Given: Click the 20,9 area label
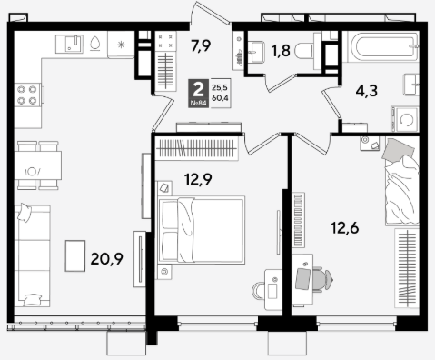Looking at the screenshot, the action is [106, 259].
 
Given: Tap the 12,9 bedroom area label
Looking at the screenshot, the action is [198, 179].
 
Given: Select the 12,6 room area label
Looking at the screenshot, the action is [345, 228].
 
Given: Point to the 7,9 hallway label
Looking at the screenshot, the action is [201, 46].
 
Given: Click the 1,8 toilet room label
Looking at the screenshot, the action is [281, 51].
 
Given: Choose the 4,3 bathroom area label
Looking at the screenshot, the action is [367, 91].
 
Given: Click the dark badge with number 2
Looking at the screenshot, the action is [199, 93].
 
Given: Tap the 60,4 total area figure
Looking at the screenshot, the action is [220, 98].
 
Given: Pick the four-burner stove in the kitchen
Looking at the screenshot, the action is [27, 95].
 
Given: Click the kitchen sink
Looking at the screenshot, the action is [69, 44].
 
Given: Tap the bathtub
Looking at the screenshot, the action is [383, 46].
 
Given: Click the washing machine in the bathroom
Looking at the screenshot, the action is [405, 119].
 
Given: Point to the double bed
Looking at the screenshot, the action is [202, 230].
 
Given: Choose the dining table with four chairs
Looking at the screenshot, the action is [38, 165].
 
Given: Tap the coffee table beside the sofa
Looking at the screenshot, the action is [75, 255].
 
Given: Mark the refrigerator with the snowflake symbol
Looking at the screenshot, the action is [121, 45].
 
